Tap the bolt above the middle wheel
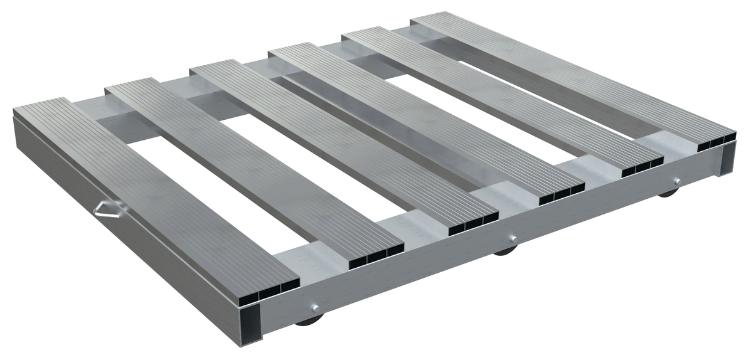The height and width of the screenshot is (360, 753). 513,238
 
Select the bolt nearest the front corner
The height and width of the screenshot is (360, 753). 314,307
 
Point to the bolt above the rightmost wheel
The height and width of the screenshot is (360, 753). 676,182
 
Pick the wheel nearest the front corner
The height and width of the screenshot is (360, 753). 307,322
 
